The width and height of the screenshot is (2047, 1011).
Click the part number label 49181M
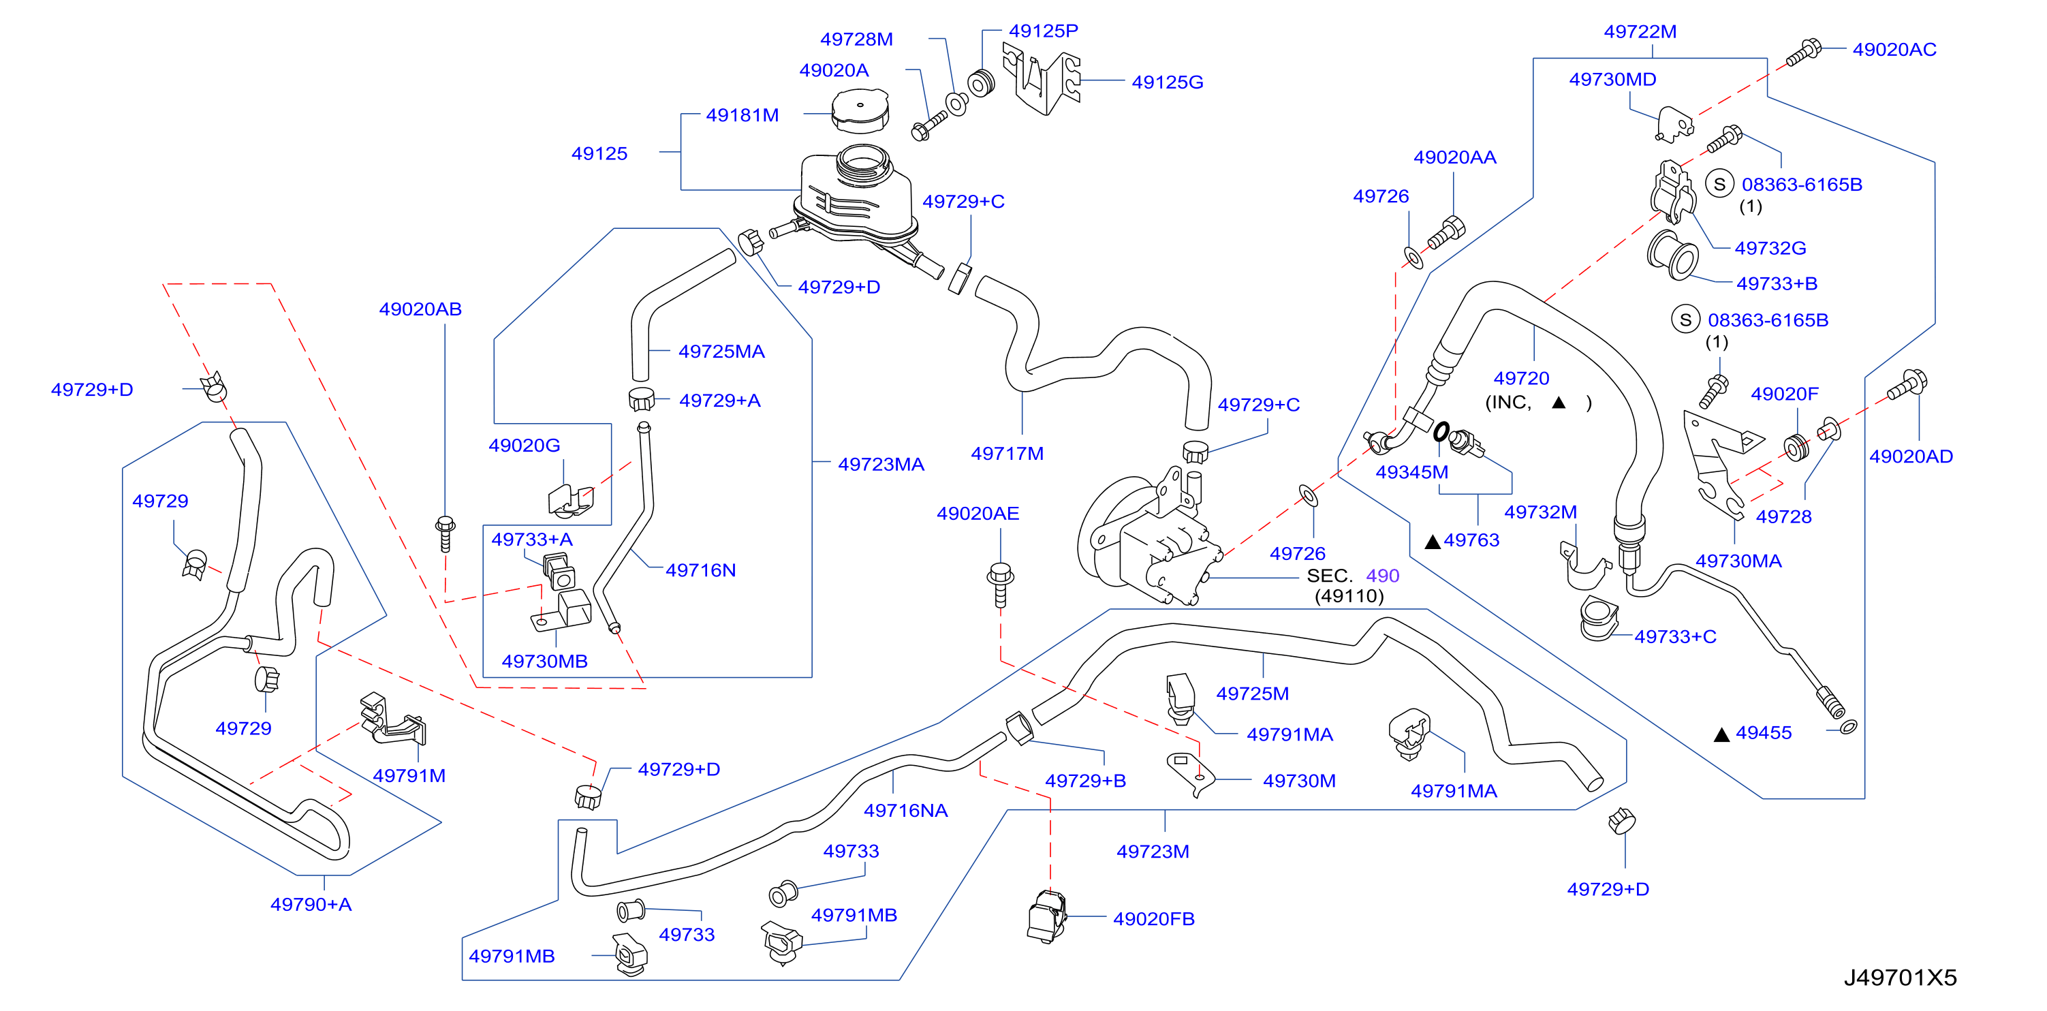(743, 115)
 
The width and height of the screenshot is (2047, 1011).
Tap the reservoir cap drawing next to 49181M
(860, 111)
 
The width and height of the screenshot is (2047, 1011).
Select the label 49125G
(1168, 82)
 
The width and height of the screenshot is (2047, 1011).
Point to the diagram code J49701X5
(1900, 977)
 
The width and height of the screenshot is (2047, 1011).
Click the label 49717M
(1007, 454)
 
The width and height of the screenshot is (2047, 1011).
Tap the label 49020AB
(420, 309)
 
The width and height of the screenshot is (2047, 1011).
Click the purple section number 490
(1383, 576)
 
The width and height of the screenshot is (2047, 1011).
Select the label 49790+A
(311, 905)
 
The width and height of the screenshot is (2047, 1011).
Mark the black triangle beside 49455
(1722, 734)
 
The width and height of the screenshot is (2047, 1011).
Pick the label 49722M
(1640, 32)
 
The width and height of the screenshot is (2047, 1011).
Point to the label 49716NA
(906, 811)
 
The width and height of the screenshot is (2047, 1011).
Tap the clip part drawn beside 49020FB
(1046, 916)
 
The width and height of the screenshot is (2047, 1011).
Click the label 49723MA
(881, 464)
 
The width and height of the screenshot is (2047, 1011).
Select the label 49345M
(1412, 472)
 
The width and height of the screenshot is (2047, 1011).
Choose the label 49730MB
(544, 662)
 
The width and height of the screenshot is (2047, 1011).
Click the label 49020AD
(1911, 456)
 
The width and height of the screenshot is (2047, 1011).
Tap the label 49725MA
(721, 352)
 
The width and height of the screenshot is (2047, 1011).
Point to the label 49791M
(409, 776)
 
